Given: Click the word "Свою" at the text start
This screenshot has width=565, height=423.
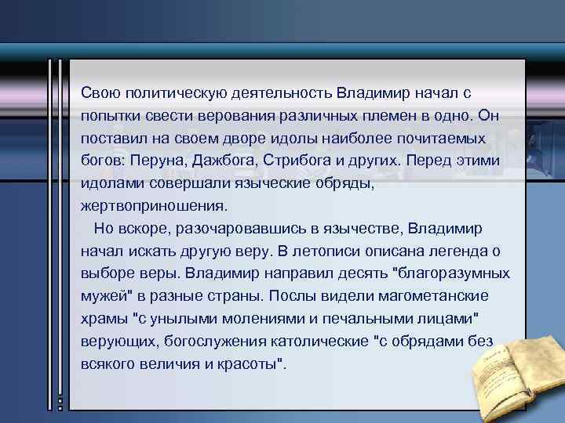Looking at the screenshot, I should coord(97,92).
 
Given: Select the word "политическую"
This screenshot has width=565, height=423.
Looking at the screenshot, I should coord(166,92).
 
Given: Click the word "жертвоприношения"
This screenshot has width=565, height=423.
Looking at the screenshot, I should coord(154,206).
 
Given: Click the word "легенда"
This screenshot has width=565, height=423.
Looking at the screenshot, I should coord(468,251).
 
